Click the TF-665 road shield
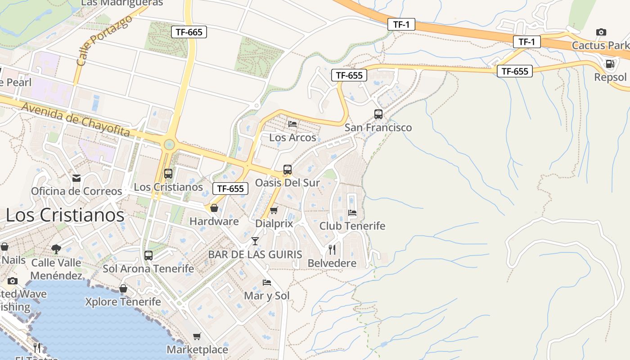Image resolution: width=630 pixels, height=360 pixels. tap(189, 32)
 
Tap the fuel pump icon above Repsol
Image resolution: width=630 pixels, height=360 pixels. tap(610, 64)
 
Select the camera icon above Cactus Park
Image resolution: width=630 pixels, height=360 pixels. tap(601, 32)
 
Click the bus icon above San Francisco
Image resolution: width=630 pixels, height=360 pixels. tap(378, 114)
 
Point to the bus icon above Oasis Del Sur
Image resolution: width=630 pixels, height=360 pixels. tap(287, 170)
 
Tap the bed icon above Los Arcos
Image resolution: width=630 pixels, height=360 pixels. tap(292, 124)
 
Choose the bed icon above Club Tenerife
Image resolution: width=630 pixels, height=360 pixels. tap(352, 212)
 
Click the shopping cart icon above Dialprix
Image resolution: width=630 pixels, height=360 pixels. tap(274, 210)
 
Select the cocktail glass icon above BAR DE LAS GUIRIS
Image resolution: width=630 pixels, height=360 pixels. tap(255, 241)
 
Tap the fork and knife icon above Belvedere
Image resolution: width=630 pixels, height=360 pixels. tap(332, 250)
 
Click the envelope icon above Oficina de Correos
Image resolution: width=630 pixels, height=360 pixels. tap(76, 178)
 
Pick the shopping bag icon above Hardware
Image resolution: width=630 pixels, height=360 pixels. tap(214, 208)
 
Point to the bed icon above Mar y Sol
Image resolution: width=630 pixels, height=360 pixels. tap(267, 283)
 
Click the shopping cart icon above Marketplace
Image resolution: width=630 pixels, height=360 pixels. tap(197, 336)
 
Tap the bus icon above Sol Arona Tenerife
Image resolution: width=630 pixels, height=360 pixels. tap(148, 256)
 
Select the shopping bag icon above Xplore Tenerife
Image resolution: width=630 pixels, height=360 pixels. tap(123, 288)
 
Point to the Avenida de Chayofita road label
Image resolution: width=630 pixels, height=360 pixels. tap(76, 119)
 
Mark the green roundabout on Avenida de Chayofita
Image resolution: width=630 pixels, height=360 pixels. tap(169, 144)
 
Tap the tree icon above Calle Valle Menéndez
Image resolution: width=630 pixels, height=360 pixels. tap(56, 249)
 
